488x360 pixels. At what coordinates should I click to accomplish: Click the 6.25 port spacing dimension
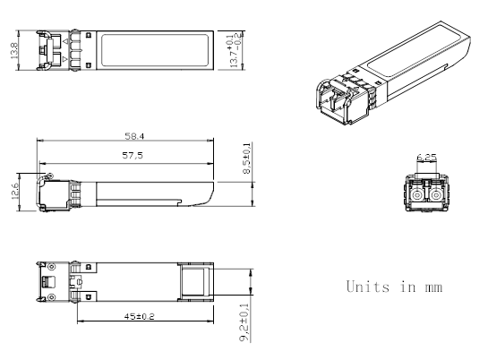coord(428,159)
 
